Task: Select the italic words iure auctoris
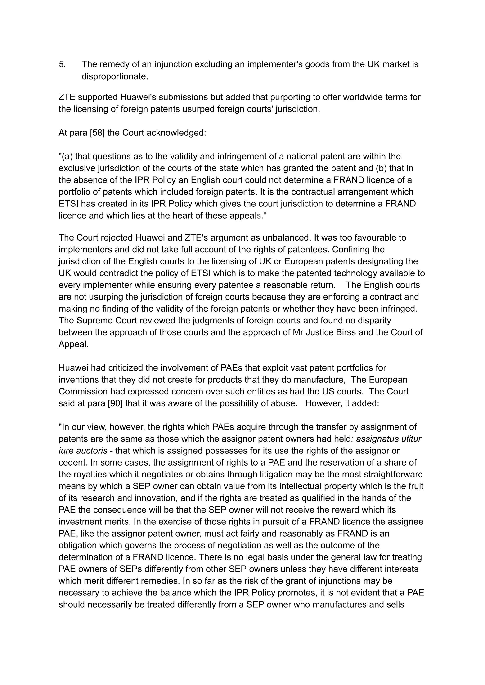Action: (83, 451)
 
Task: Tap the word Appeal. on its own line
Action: (73, 344)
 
